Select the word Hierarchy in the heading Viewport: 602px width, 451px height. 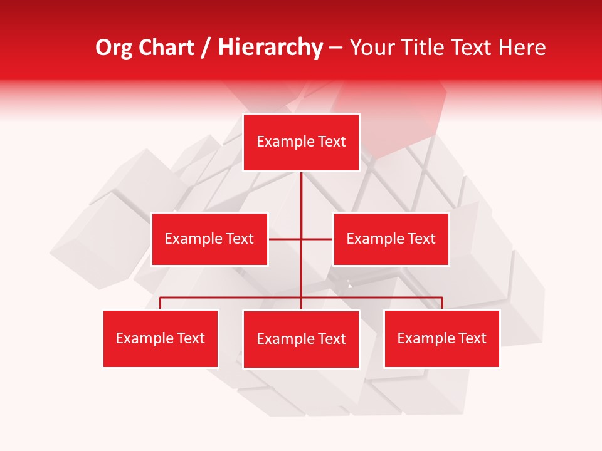[x=270, y=48]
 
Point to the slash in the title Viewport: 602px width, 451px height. [x=206, y=48]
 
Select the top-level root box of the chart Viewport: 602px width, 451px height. [x=301, y=142]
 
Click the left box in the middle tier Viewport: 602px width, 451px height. [x=209, y=239]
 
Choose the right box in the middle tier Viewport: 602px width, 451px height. [x=391, y=239]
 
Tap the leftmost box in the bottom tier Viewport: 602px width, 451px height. [x=161, y=339]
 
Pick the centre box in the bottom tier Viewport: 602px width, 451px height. [x=301, y=340]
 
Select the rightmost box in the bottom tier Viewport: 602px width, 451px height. [x=441, y=339]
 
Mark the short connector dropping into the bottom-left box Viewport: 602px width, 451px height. [x=161, y=303]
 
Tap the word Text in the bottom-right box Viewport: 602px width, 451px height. [x=472, y=339]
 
